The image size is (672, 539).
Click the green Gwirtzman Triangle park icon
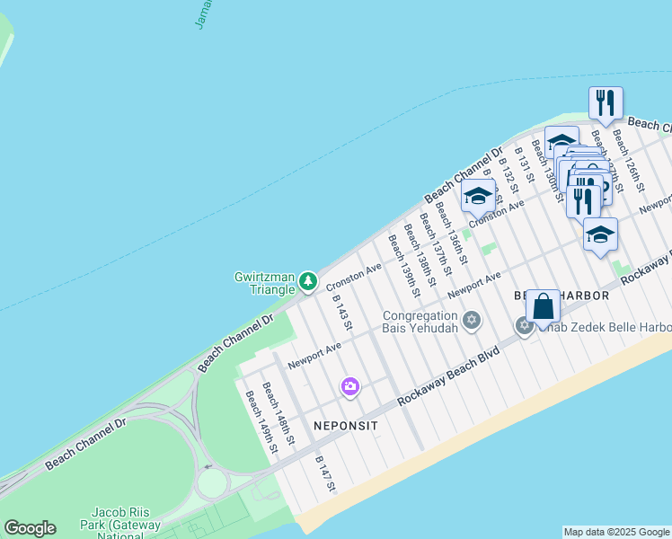[x=308, y=282]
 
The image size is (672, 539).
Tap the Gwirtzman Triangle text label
[x=265, y=283]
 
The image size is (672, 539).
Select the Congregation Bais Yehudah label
[x=421, y=322]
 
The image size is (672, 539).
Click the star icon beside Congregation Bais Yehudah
[x=472, y=321]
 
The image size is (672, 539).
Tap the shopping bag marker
[x=544, y=307]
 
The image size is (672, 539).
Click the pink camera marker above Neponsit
[x=349, y=387]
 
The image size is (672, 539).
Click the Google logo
[x=30, y=528]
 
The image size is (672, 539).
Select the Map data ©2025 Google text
[x=616, y=532]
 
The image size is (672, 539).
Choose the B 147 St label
[x=325, y=473]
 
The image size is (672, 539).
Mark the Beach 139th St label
[x=403, y=265]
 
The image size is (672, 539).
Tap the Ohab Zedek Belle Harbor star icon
[x=525, y=325]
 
